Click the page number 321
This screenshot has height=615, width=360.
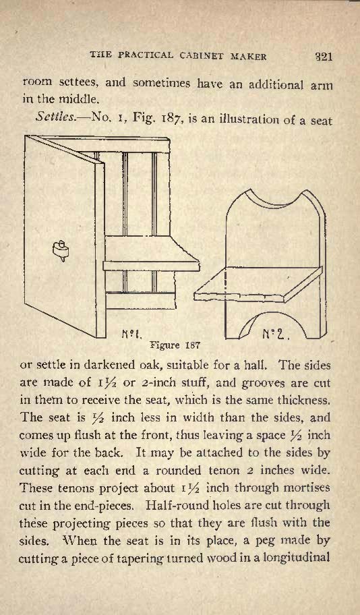click(324, 57)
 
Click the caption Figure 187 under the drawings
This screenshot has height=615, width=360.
click(175, 345)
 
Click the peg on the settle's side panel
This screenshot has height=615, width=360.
click(61, 250)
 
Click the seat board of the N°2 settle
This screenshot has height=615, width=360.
click(258, 284)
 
